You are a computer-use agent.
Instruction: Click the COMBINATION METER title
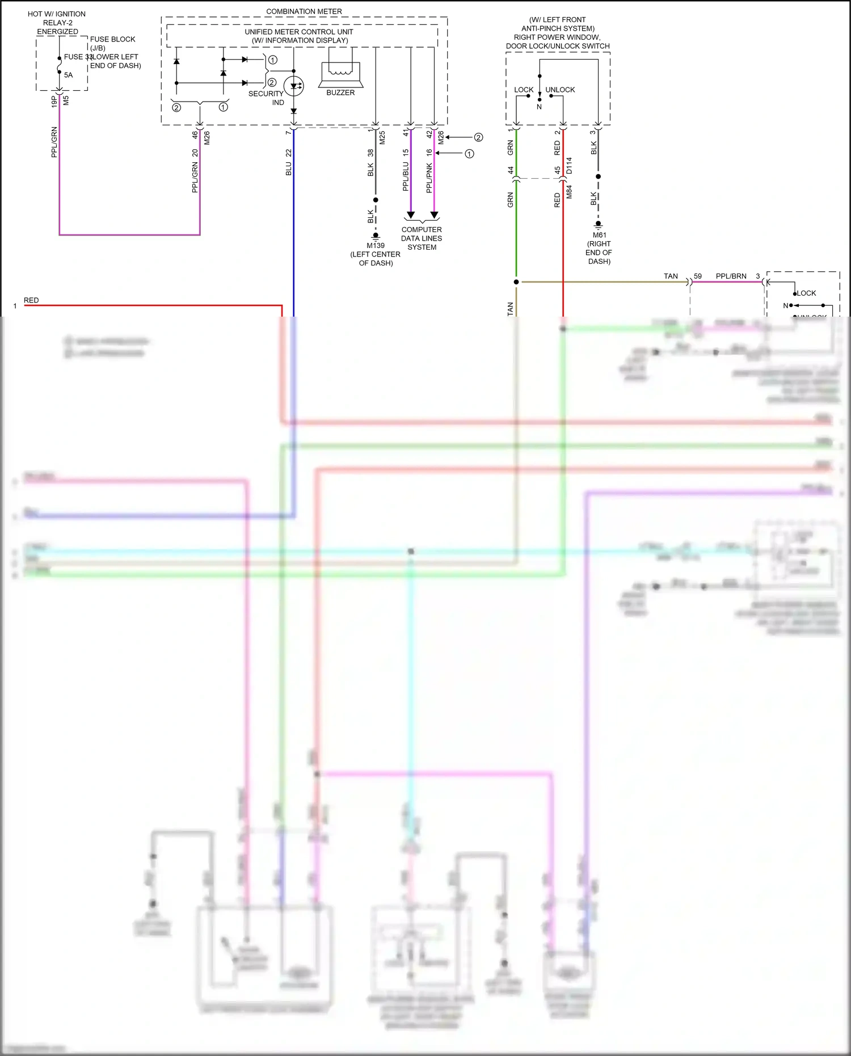point(304,11)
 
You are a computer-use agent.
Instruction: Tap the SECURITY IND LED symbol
point(294,86)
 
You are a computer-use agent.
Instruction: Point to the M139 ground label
point(375,246)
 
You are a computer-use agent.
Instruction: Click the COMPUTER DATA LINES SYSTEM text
point(422,238)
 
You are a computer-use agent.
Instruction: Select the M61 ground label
point(599,235)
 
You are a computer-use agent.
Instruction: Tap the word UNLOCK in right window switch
point(560,90)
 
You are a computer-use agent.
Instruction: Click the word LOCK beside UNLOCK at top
point(523,90)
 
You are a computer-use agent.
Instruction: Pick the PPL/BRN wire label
point(731,276)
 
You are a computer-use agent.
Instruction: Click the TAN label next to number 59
point(671,276)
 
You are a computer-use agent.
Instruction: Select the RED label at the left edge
point(31,300)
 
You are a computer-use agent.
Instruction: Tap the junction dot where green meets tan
point(516,281)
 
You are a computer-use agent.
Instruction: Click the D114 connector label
point(569,166)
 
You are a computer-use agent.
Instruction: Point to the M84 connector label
point(569,192)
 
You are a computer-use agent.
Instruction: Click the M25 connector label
point(382,137)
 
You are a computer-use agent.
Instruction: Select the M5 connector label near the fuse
point(66,100)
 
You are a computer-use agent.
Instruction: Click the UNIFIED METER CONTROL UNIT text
point(298,32)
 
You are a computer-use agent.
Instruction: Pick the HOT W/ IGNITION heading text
point(57,14)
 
